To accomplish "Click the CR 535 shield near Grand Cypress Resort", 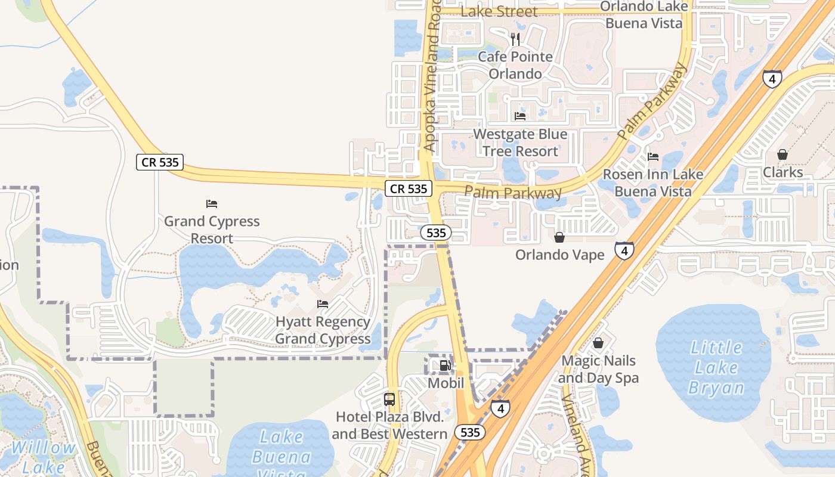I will [159, 162].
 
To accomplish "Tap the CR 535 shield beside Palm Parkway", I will [408, 188].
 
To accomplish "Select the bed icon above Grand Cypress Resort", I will [212, 204].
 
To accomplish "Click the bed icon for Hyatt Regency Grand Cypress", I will [323, 304].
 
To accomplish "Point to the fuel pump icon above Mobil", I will [445, 366].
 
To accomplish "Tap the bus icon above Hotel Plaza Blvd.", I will [389, 399].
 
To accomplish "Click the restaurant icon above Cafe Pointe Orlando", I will [515, 39].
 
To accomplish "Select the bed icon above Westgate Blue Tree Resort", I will [520, 116].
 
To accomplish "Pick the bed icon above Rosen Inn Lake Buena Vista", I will [653, 157].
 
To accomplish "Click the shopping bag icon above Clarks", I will [783, 155].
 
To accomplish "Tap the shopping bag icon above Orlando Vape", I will [559, 237].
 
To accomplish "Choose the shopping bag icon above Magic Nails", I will [598, 343].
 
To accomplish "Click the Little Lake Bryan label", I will [716, 367].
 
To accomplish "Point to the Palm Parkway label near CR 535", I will [513, 193].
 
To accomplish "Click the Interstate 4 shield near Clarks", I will [772, 79].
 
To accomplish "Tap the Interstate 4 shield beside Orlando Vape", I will [624, 251].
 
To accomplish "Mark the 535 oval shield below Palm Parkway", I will [436, 233].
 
